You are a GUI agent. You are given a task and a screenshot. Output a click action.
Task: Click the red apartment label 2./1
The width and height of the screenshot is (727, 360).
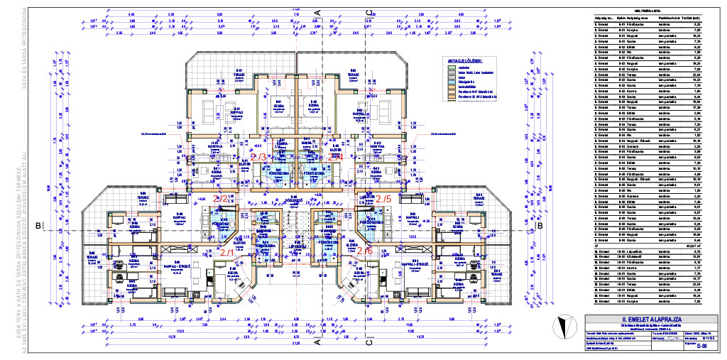[x=227, y=252]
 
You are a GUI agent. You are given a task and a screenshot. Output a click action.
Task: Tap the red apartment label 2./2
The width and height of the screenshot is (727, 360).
[x=222, y=199]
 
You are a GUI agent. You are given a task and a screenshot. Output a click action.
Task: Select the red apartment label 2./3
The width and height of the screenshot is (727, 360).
[x=258, y=157]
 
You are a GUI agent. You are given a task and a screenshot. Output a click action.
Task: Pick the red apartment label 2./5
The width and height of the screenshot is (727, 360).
[x=383, y=199]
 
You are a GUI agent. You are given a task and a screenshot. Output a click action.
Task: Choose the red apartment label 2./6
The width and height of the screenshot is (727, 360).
[x=364, y=251]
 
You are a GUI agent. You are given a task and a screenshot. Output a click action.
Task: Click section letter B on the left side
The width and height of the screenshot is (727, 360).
[x=38, y=226]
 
